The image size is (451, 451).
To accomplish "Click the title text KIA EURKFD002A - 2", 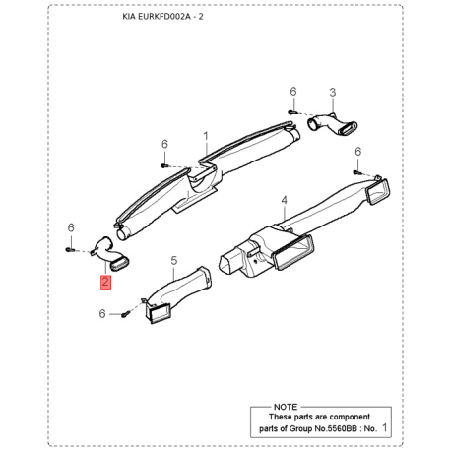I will point(177,18).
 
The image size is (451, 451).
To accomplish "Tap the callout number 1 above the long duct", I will point(206,135).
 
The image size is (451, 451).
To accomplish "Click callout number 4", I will point(284,200).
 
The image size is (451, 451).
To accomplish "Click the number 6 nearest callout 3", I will point(292,92).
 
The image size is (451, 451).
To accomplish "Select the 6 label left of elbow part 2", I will point(71,227).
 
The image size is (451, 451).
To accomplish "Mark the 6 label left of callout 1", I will point(163,144).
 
